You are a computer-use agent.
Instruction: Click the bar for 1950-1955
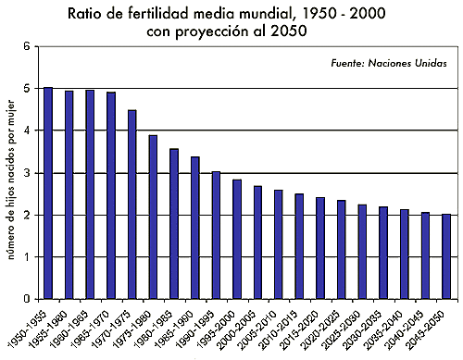pyautogui.click(x=48, y=193)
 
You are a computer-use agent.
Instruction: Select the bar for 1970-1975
pyautogui.click(x=131, y=205)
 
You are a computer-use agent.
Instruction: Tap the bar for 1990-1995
pyautogui.click(x=216, y=235)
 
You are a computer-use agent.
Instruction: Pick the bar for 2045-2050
pyautogui.click(x=446, y=256)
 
